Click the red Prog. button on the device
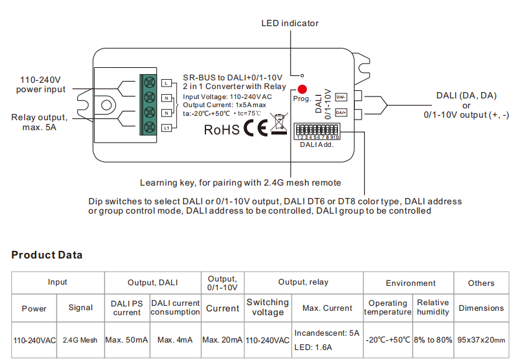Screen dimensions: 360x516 (302, 89)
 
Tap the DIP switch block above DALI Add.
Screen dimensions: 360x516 (317, 131)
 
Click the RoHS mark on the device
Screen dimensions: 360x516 (222, 130)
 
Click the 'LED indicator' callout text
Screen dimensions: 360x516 (289, 23)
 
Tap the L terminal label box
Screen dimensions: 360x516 (166, 83)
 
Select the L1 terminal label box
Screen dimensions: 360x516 (166, 128)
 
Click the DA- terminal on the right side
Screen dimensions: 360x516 (341, 97)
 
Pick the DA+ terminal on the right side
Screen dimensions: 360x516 (341, 113)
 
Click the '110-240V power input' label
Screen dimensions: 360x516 (41, 85)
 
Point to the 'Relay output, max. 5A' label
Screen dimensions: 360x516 (39, 122)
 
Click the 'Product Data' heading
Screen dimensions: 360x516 (47, 255)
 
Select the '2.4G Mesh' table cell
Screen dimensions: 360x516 (80, 341)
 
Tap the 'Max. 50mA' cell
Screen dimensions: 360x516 (127, 341)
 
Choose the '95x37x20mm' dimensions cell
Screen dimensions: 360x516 (481, 341)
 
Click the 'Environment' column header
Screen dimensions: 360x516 (410, 283)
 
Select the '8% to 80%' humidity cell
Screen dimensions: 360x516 (433, 341)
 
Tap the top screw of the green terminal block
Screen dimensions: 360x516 (149, 82)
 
